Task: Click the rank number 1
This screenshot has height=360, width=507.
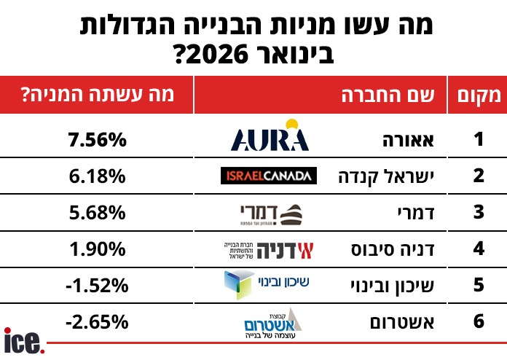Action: (479, 138)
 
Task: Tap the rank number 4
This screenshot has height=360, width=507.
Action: (479, 249)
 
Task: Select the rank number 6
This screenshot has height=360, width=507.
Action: (479, 321)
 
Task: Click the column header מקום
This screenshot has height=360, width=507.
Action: (478, 95)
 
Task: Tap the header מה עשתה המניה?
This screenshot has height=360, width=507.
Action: (98, 95)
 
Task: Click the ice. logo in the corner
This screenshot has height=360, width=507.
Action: (24, 341)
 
